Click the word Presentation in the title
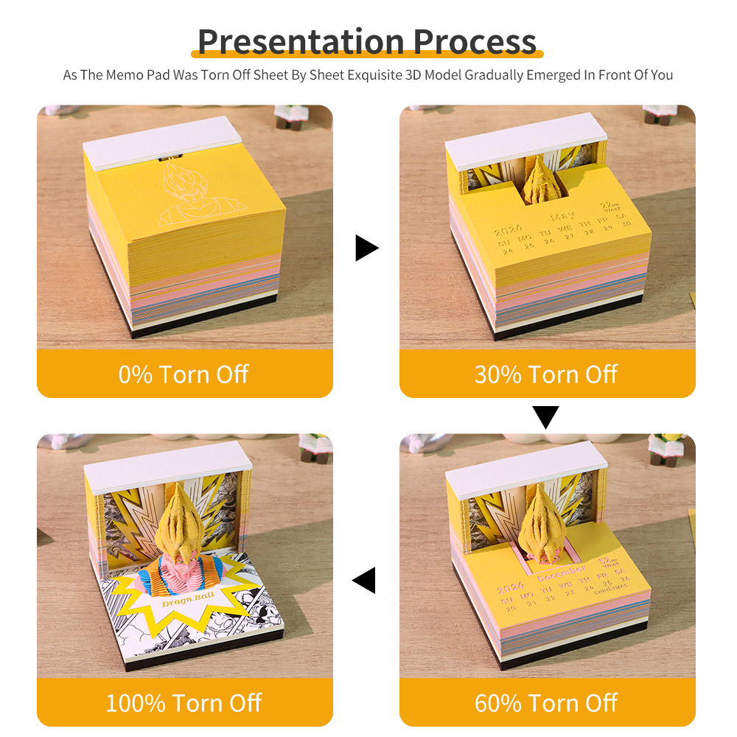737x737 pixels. tap(301, 41)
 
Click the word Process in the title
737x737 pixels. tap(475, 41)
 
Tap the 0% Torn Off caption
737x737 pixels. tap(184, 374)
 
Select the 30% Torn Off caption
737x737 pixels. tap(546, 374)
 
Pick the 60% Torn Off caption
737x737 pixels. tap(546, 702)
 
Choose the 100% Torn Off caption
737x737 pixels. tap(184, 702)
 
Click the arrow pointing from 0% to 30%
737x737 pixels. tap(366, 248)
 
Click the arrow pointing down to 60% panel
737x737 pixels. tap(546, 418)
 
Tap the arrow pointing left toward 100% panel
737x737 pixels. tap(365, 580)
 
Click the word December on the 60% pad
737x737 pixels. tap(563, 569)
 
